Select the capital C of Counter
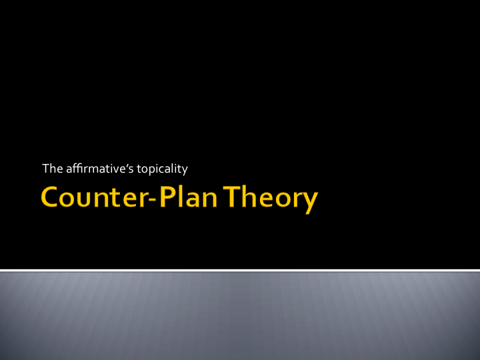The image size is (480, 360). pyautogui.click(x=50, y=199)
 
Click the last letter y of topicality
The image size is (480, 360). pyautogui.click(x=185, y=171)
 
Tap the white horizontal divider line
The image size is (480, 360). pyautogui.click(x=240, y=270)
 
